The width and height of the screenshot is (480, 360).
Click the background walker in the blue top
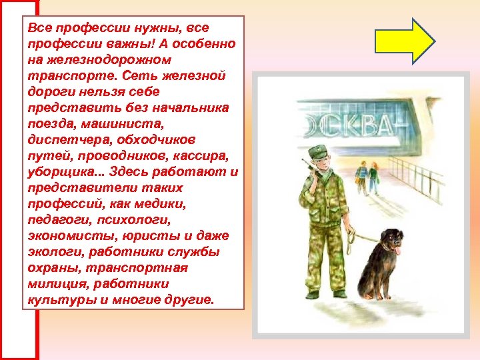(x=361, y=176)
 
